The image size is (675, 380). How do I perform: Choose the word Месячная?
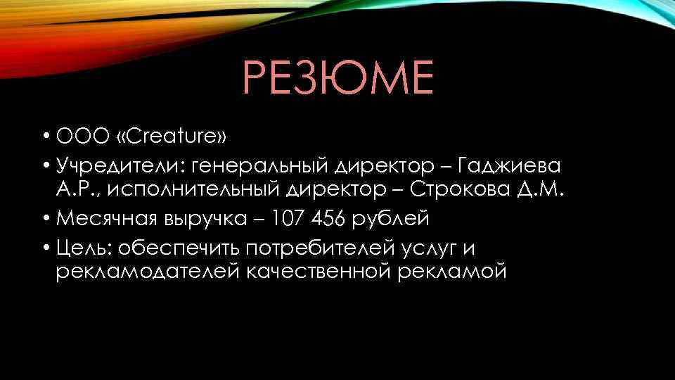[x=103, y=219]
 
